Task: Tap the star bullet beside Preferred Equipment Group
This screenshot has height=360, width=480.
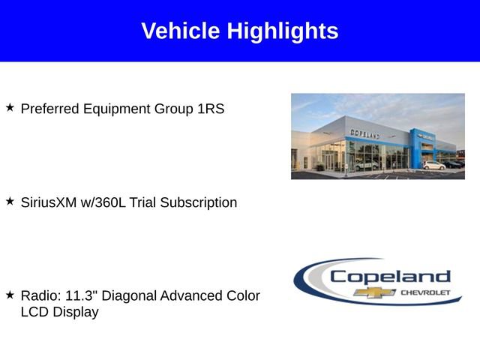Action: coord(10,108)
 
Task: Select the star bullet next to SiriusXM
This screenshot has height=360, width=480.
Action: coord(10,202)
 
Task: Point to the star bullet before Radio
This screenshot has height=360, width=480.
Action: coord(10,295)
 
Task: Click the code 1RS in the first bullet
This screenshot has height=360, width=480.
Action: coord(211,109)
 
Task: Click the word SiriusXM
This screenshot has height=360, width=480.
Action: coord(49,202)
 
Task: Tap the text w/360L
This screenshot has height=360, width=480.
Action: coord(103,202)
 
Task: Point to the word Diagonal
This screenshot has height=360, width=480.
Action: coord(127,296)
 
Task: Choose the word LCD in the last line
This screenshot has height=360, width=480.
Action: coord(34,312)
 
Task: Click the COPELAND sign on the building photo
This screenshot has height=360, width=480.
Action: coord(364,133)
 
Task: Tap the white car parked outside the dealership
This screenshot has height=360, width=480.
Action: coord(433,165)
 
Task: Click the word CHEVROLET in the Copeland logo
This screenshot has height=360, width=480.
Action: coord(425,292)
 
